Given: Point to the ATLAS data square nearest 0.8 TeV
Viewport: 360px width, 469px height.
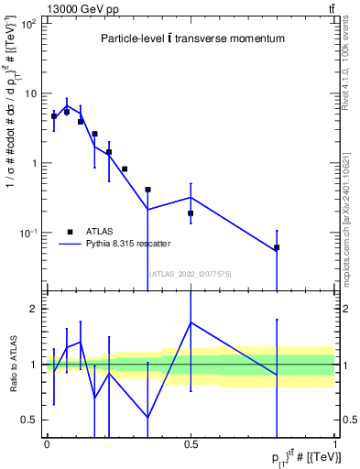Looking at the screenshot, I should coord(277,247).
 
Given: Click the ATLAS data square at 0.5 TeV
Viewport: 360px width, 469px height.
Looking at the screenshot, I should coord(191,213).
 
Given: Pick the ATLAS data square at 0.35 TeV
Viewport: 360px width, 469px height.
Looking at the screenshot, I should coord(147,190).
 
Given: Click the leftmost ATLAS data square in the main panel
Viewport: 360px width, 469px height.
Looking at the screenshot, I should coord(54,116).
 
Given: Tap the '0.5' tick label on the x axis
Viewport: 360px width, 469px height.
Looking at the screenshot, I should coord(191,444).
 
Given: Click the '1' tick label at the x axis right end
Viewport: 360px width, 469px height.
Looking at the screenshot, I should coord(334,444).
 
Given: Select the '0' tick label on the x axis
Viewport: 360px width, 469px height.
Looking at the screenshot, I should coord(47,444).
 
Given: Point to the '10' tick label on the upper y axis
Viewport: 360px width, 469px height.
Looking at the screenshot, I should coord(29,93).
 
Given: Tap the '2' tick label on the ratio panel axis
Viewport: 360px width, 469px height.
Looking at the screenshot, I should coord(35,309).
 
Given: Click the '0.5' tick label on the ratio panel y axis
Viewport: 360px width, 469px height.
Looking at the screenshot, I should coord(30,420).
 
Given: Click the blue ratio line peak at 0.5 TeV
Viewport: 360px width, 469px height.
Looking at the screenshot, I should coord(191,322).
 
